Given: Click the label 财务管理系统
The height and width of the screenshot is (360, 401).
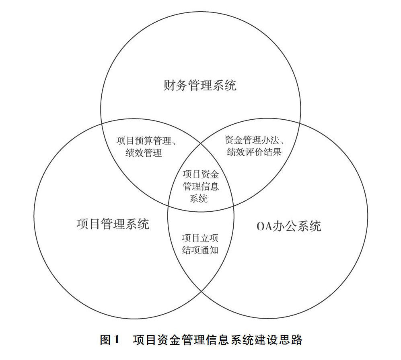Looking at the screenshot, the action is coord(200,86).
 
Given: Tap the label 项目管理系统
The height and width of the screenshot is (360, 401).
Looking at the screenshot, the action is coord(113,223).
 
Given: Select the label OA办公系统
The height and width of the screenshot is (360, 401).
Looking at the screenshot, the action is coord(289,226).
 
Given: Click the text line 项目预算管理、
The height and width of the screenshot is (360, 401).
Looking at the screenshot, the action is coord(148,141).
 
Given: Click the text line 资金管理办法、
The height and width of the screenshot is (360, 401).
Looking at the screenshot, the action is coord(255,140).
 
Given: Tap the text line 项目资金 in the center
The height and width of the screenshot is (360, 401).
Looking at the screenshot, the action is coord(201,175).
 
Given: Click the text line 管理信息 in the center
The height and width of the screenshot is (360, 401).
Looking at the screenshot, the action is coord(201,186).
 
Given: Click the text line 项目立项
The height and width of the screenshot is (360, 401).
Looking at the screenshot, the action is coord(200,238).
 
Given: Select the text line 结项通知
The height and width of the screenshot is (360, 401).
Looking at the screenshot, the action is coord(200,250).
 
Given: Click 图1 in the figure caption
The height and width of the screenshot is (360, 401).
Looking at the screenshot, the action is coord(110,340).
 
